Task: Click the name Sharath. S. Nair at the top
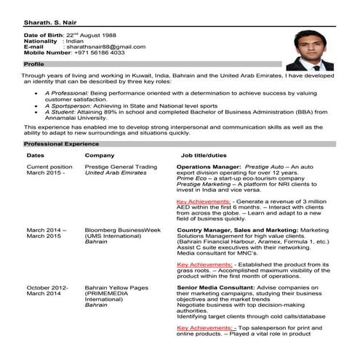(49, 21)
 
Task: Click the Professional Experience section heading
(57, 145)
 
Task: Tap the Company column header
(99, 156)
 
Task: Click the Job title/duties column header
(204, 156)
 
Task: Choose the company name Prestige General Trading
(121, 167)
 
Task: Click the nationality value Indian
(75, 41)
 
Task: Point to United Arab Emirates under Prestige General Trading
(116, 173)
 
